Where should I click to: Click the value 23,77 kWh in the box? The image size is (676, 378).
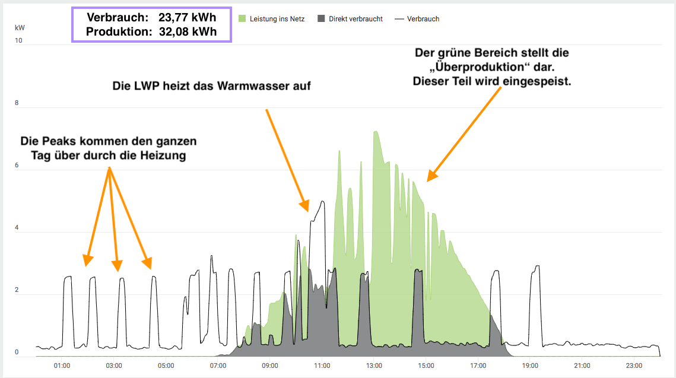(x=188, y=18)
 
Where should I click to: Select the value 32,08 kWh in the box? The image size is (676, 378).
(x=188, y=32)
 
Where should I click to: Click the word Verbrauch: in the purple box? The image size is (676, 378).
(x=118, y=18)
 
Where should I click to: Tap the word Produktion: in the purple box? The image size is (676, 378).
(x=119, y=32)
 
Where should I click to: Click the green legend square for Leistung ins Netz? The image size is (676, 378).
(x=242, y=19)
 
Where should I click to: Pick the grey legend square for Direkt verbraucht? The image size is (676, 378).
(x=321, y=19)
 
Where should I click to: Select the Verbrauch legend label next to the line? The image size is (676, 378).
(x=423, y=19)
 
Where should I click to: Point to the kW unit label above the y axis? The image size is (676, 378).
(x=19, y=28)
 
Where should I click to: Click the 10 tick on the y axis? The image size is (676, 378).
(x=19, y=41)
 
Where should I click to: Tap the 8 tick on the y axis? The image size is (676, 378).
(x=17, y=103)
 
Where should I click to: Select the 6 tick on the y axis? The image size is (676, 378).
(x=17, y=166)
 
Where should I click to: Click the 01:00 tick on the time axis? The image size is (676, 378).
(x=62, y=366)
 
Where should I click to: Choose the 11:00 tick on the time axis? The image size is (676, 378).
(x=322, y=366)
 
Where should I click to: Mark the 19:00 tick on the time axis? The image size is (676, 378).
(x=530, y=366)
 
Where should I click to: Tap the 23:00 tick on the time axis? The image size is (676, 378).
(x=634, y=366)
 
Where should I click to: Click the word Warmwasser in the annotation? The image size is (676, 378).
(x=249, y=86)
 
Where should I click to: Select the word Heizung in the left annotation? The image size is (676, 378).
(x=164, y=156)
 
